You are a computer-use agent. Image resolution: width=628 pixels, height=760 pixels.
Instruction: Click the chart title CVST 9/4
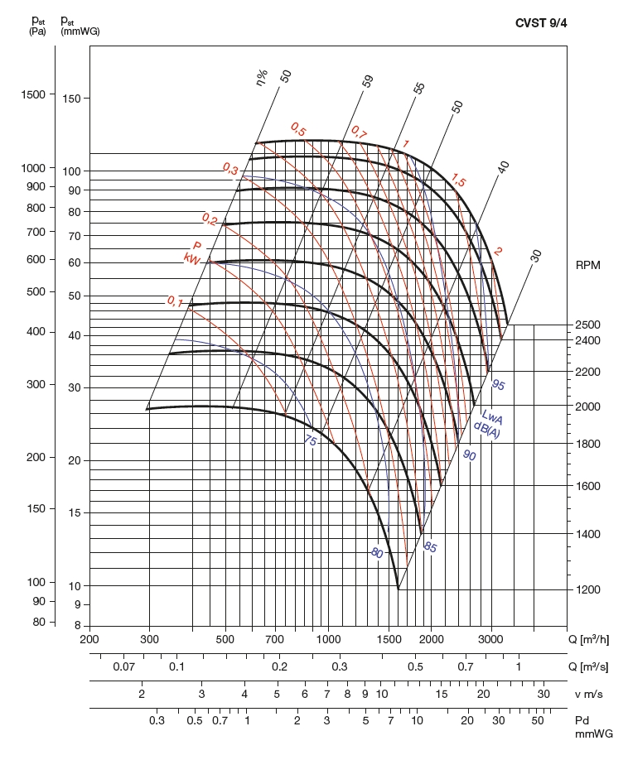[x=541, y=23]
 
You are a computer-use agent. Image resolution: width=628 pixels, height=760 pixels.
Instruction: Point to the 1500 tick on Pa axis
[x=33, y=94]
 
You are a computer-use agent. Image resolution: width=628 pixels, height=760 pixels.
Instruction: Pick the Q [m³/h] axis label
[x=593, y=639]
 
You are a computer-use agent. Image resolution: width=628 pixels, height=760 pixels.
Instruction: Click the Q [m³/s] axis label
[x=593, y=666]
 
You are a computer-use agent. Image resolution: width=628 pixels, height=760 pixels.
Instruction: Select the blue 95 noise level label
[x=498, y=385]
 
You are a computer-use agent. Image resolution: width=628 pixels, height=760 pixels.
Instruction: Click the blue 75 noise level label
[x=310, y=440]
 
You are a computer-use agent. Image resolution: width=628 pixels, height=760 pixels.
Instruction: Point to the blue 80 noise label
[x=377, y=553]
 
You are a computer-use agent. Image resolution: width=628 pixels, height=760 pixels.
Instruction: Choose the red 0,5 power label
[x=298, y=130]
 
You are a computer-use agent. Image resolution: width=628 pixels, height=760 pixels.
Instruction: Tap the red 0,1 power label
[x=175, y=301]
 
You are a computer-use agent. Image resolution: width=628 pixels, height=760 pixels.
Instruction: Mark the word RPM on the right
[x=589, y=265]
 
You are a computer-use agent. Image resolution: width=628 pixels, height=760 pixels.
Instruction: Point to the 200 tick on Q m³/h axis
[x=89, y=639]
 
